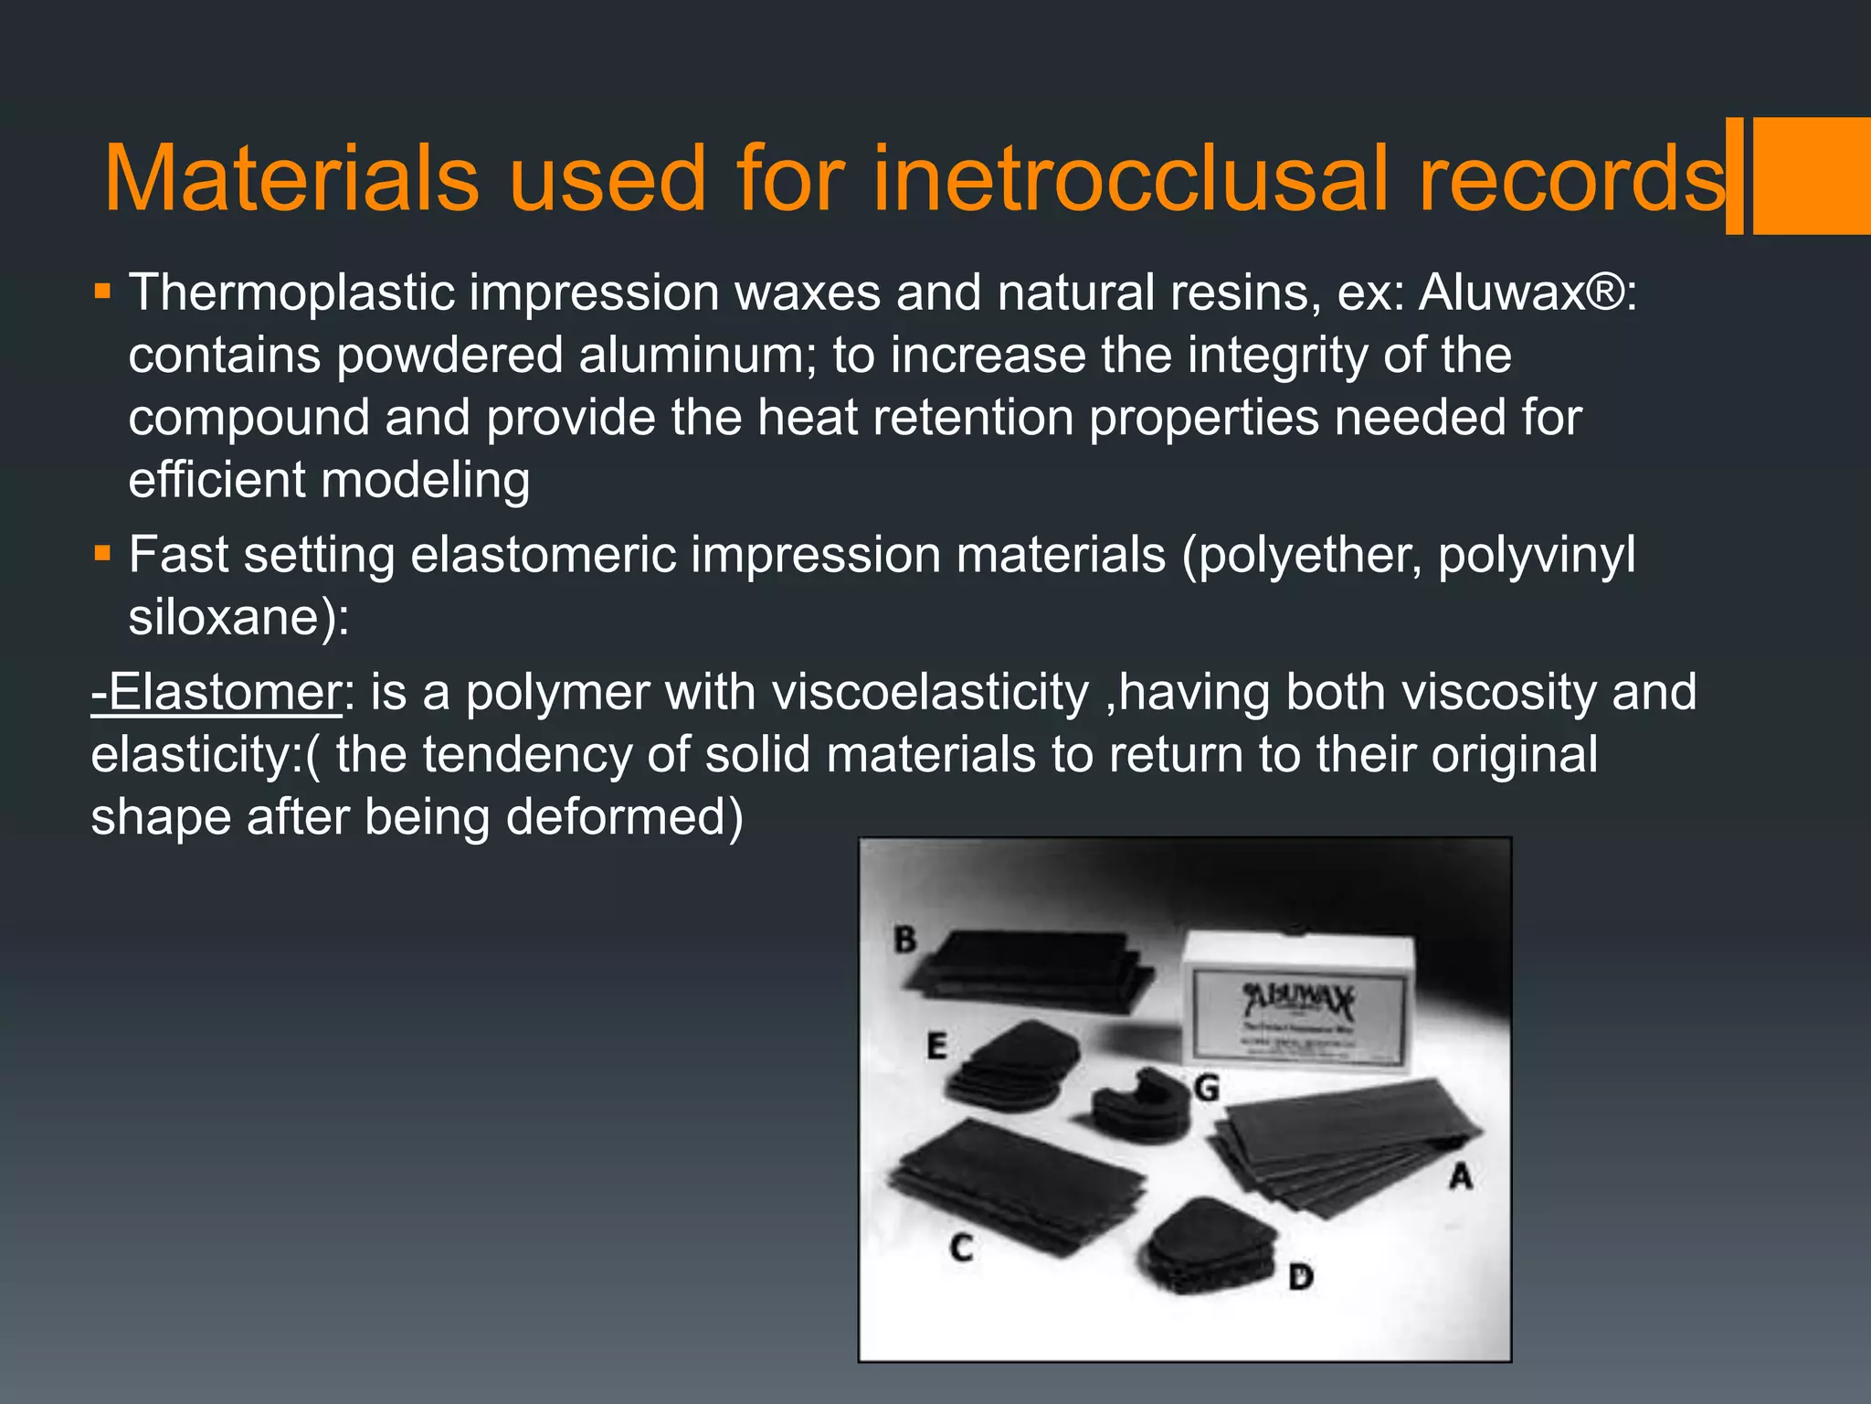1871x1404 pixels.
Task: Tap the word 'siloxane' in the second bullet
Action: click(229, 617)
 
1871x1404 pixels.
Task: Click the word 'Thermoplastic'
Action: click(292, 293)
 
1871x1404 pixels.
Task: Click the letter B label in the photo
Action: click(904, 940)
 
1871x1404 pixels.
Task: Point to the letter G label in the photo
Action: click(1206, 1089)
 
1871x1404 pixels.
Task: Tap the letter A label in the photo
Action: click(1461, 1176)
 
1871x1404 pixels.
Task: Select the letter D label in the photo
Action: click(1301, 1277)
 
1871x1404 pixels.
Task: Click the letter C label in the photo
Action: click(961, 1248)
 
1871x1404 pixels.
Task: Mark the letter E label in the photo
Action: click(936, 1046)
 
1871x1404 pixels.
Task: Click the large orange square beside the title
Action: click(1812, 175)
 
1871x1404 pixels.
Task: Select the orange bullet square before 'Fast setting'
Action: click(102, 553)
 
